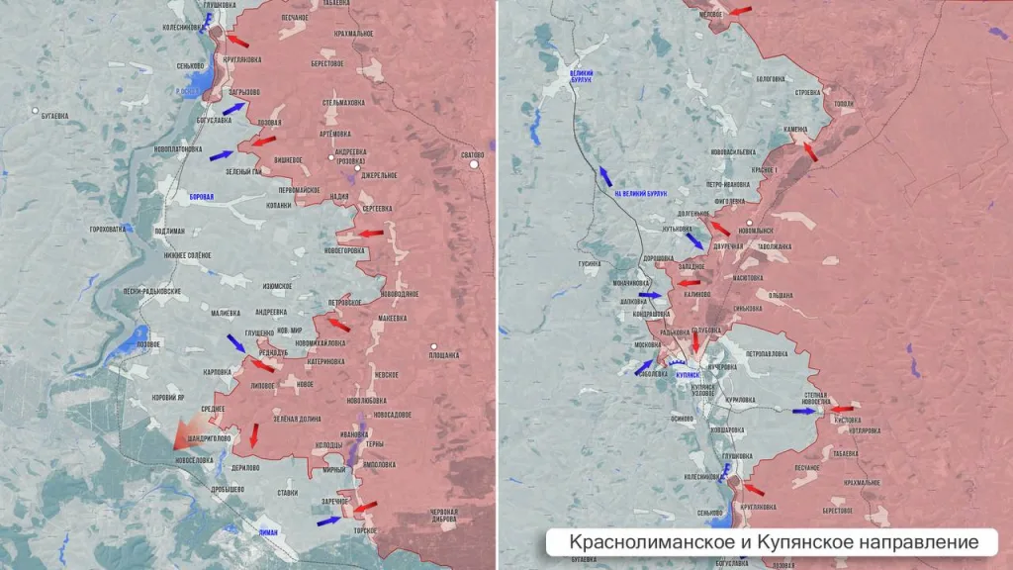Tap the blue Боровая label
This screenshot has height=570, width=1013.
tap(201, 197)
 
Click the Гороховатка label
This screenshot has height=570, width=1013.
tap(108, 230)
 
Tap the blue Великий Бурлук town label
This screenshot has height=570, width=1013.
tap(581, 76)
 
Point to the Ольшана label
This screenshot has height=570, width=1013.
tap(783, 295)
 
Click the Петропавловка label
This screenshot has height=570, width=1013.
tap(767, 353)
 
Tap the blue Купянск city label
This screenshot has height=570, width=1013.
tap(687, 375)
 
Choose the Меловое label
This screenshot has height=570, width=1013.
tap(711, 14)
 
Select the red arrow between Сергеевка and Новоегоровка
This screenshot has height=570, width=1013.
tap(370, 234)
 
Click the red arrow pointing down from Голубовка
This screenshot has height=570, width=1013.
tap(695, 341)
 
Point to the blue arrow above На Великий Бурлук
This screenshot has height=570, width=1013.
tap(602, 176)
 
